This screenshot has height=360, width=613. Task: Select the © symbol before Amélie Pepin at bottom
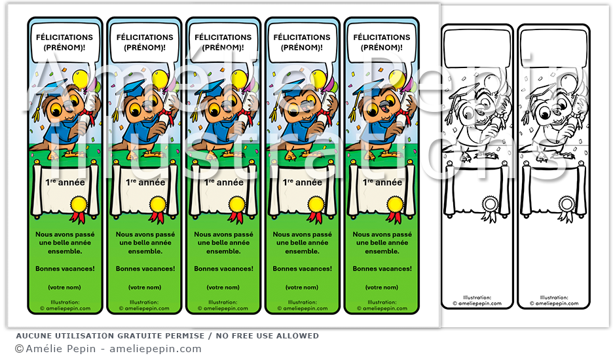19,349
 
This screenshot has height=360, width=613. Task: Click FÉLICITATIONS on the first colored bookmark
64,37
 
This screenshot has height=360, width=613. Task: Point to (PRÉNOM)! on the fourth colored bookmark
301,47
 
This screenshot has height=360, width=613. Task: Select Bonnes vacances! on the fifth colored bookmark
382,268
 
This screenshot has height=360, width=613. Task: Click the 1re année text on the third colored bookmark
223,183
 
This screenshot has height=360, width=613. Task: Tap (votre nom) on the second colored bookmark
145,287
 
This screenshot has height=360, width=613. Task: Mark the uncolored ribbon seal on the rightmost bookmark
567,204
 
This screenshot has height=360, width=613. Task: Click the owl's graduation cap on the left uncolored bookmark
462,92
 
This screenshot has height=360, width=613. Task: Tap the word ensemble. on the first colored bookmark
64,251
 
